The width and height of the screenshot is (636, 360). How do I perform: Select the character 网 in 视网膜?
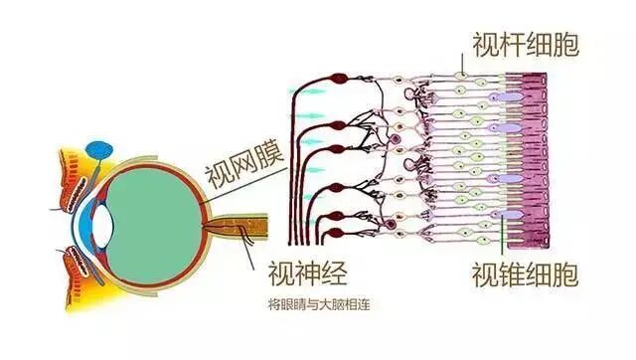coord(240,157)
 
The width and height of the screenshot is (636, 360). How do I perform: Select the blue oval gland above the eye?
coord(99,150)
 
